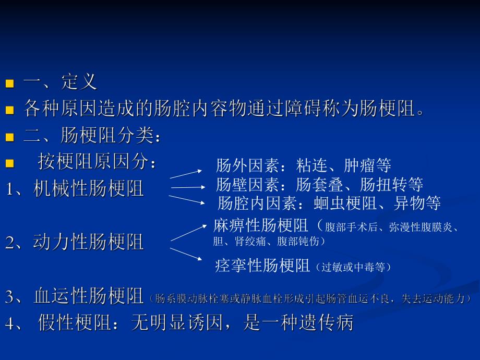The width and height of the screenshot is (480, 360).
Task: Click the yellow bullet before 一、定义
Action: [9, 83]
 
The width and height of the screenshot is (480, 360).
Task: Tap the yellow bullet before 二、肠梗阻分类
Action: [9, 137]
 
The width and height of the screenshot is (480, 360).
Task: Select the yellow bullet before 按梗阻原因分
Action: [9, 163]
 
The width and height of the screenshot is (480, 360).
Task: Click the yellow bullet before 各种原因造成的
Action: [9, 110]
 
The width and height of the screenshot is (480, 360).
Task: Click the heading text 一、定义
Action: [60, 82]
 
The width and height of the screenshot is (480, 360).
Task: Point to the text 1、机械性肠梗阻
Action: [75, 188]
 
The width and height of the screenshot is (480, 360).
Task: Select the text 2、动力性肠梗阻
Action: [75, 242]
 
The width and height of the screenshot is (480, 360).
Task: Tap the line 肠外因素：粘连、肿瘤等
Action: [303, 166]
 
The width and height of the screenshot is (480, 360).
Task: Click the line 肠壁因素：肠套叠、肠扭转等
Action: [319, 184]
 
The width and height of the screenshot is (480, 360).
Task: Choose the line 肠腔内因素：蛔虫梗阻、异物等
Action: [329, 202]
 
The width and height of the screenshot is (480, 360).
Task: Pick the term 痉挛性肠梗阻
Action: [262, 266]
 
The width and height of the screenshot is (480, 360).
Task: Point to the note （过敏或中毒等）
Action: [353, 268]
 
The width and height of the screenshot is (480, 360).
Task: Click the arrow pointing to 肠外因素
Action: [185, 174]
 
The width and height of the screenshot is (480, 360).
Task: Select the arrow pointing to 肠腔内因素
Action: [187, 200]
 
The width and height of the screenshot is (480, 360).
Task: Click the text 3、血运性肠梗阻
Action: [75, 297]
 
